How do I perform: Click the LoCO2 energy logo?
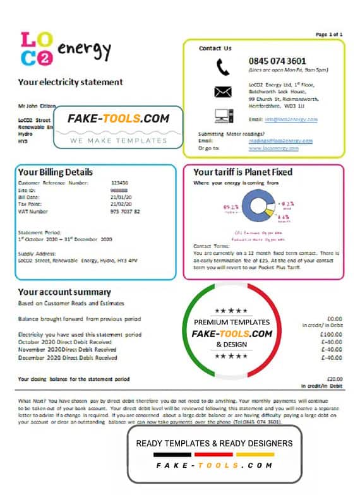66,49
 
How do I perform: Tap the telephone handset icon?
223,66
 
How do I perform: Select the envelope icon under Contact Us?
223,92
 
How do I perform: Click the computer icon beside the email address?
223,116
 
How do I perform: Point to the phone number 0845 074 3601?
277,61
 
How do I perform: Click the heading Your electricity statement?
70,82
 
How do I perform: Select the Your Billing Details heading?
56,172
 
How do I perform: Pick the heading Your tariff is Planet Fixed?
243,172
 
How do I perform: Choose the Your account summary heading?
64,292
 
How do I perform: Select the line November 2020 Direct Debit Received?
68,350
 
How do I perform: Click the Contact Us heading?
215,48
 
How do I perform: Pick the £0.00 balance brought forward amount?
332,319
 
